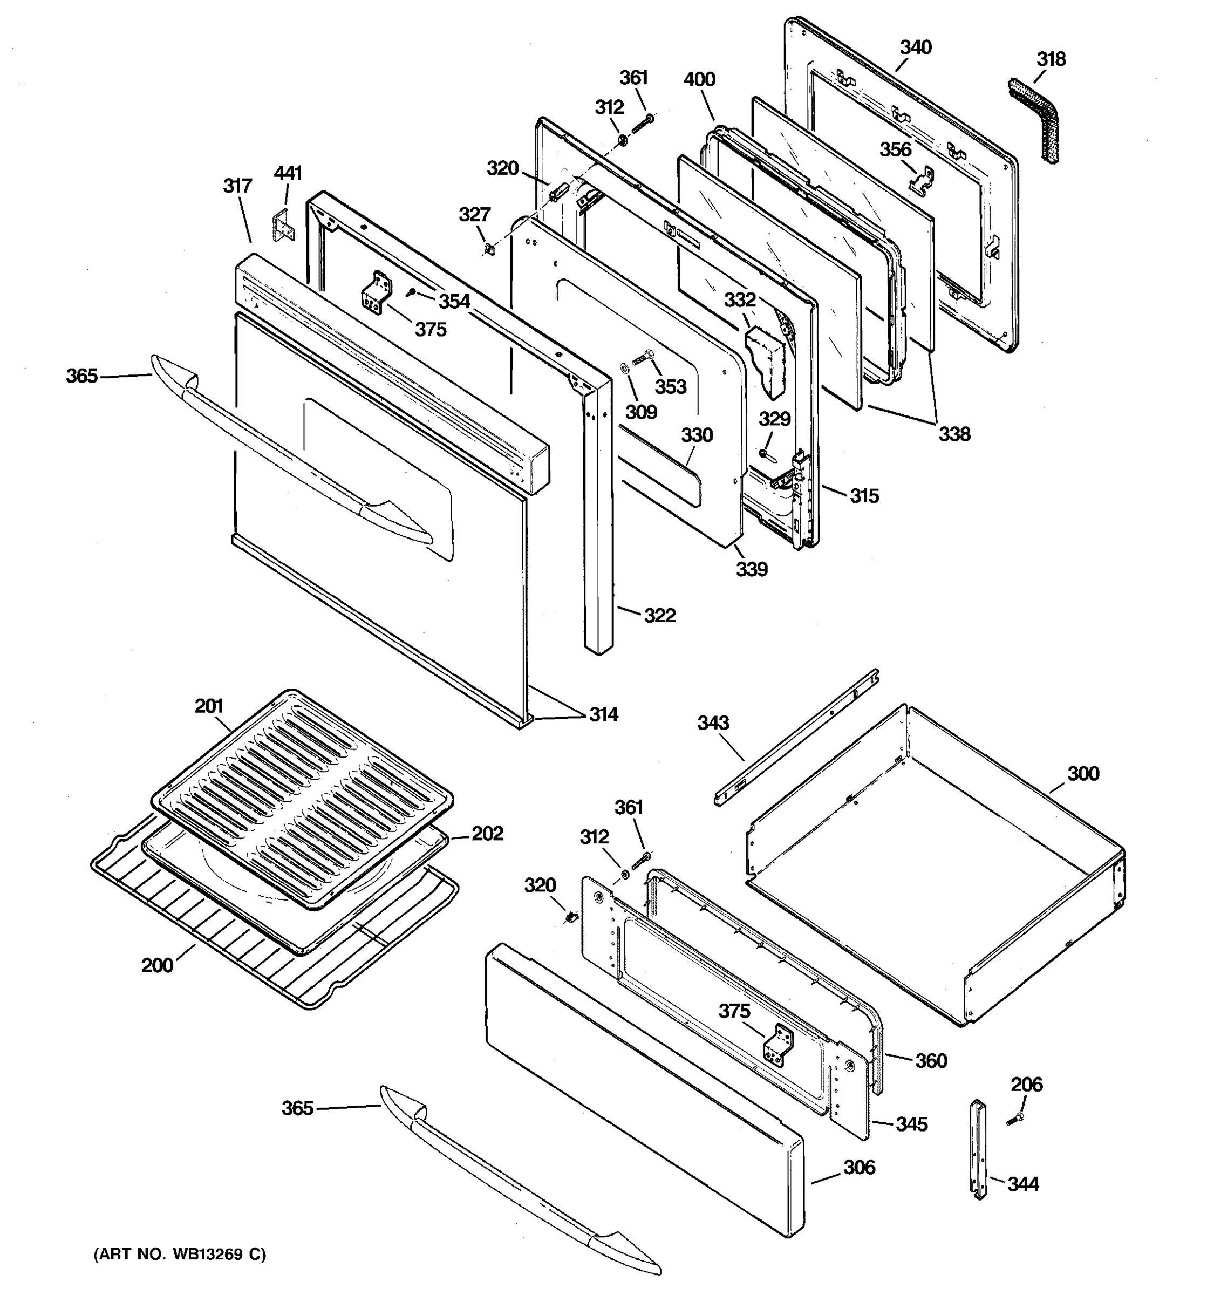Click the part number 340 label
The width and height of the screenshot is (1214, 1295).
pos(915,47)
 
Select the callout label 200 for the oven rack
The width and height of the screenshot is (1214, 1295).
pos(157,965)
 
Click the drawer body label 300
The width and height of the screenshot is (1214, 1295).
pos(1082,773)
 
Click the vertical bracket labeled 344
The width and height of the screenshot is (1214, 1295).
pos(978,1150)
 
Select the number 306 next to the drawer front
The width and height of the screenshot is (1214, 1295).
pos(859,1167)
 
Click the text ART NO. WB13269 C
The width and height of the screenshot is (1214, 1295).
pos(180,1254)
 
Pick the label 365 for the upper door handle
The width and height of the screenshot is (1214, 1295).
pos(81,376)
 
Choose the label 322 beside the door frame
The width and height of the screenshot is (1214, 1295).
pos(659,615)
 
